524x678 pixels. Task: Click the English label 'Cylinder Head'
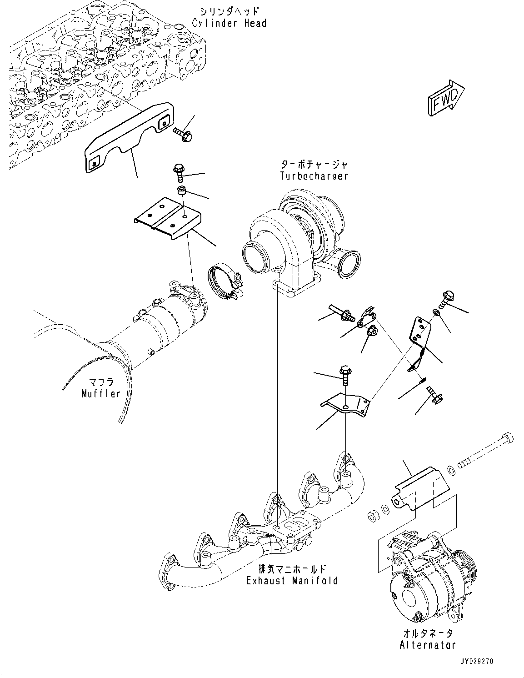click(x=229, y=23)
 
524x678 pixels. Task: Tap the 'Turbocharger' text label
click(x=314, y=176)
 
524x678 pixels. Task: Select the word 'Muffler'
click(x=101, y=393)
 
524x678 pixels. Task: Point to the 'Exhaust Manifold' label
click(x=292, y=581)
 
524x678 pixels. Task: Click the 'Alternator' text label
click(x=427, y=645)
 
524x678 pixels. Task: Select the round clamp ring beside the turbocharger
click(x=223, y=282)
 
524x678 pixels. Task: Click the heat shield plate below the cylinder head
click(x=127, y=136)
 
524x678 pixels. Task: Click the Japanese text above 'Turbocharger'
click(x=314, y=165)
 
